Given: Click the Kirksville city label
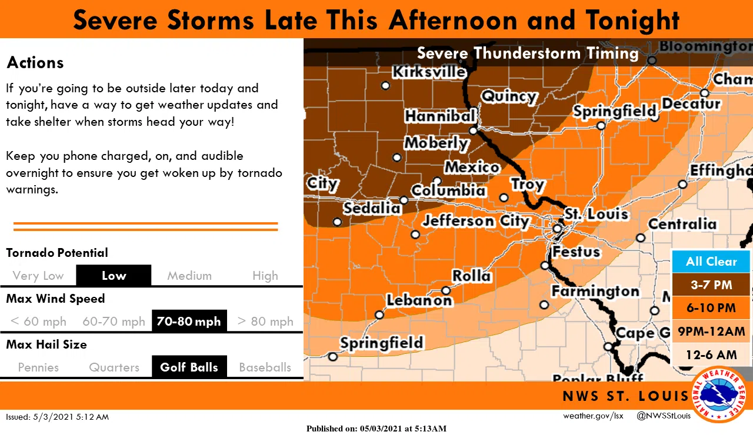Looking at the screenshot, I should coord(429,72).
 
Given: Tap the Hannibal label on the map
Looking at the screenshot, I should coord(439,116).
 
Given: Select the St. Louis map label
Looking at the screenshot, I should coord(596,214).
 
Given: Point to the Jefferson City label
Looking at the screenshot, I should coord(476,221).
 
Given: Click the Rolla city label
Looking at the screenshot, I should coord(471,275).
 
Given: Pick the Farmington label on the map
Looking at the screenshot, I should coord(595,292).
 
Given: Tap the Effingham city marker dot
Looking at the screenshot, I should coord(682,184).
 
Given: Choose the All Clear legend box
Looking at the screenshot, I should coord(711,262).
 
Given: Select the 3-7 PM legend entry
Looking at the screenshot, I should coord(711,285).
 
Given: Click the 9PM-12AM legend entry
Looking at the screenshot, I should coord(711,331).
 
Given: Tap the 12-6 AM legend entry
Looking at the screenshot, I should coord(711,354).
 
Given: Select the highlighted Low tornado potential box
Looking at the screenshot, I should coord(114,275).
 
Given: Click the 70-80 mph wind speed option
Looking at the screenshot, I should coord(189,322).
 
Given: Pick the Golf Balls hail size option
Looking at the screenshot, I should coord(189,367).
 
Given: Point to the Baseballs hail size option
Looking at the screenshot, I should coord(265,367).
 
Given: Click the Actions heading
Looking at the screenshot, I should coord(35,63).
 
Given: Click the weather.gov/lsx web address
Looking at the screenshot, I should coord(592,416).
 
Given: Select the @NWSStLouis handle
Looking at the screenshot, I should coord(664,416).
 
